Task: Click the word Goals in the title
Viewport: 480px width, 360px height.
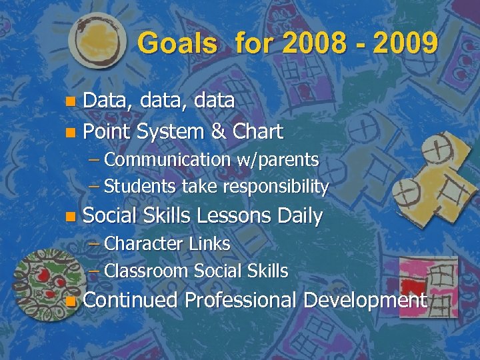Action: pos(177,44)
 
